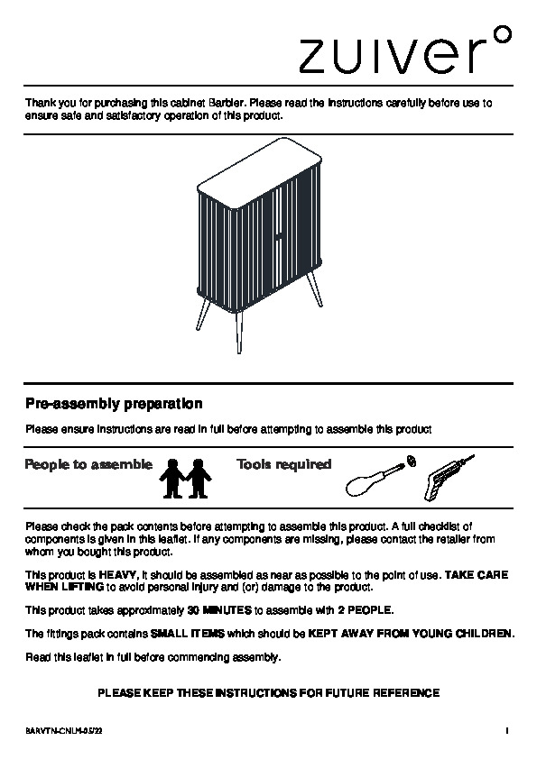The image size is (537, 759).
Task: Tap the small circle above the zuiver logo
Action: (x=505, y=34)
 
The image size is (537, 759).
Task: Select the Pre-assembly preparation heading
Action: (x=114, y=404)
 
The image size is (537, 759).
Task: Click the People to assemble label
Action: (x=88, y=464)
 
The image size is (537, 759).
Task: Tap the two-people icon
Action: (x=185, y=479)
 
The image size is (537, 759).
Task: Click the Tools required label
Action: (x=284, y=464)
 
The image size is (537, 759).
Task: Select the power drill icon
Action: (x=449, y=477)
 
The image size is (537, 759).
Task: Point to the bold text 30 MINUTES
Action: (x=219, y=610)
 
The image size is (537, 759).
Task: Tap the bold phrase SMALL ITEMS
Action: (x=188, y=634)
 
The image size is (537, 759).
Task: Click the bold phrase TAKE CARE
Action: (x=477, y=575)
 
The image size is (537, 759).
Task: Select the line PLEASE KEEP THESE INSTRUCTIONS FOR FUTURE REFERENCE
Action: (x=269, y=693)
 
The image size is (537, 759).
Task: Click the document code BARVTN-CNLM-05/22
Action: (x=63, y=731)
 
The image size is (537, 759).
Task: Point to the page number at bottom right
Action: (x=507, y=731)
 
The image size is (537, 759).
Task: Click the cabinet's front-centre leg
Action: (x=239, y=333)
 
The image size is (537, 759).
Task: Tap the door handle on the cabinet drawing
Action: (x=279, y=237)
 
